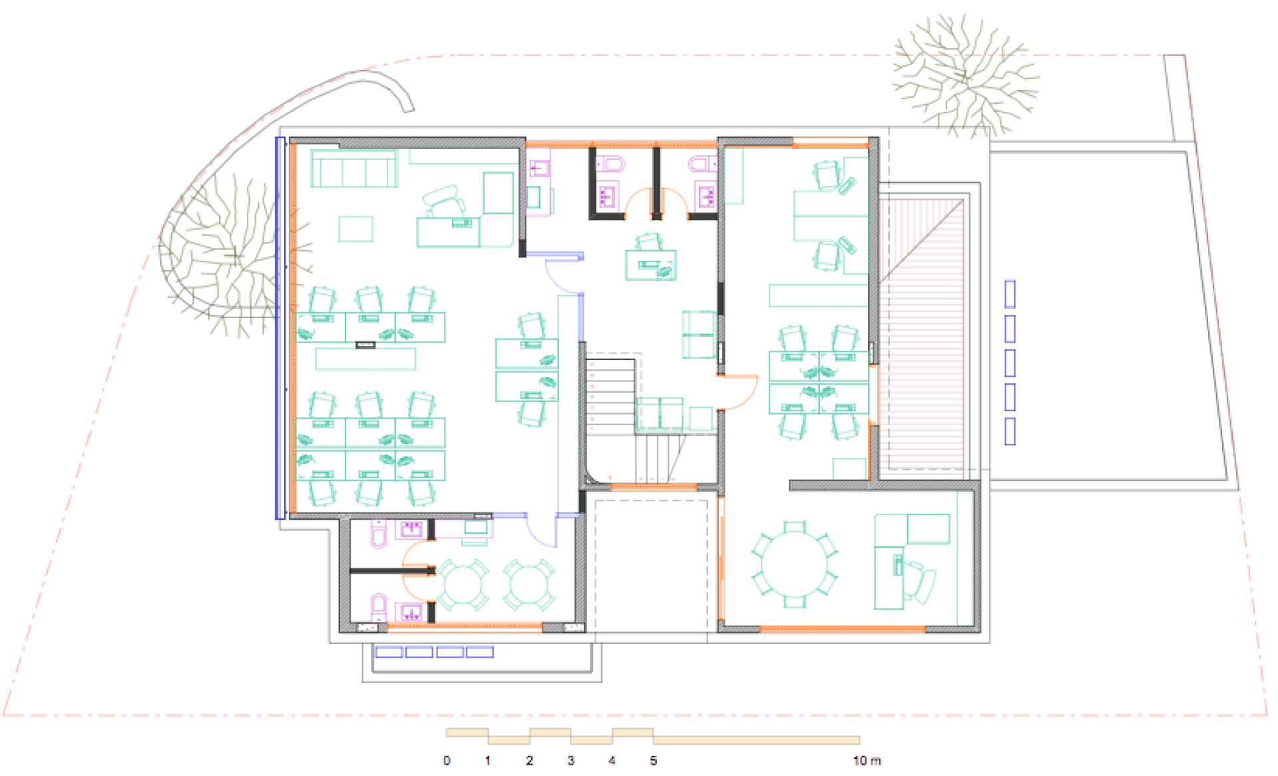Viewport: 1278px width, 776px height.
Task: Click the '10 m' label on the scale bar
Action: [867, 760]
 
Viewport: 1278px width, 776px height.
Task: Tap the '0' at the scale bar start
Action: [447, 760]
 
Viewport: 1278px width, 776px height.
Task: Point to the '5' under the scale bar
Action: [654, 760]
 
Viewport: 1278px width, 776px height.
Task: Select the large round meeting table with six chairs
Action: [794, 564]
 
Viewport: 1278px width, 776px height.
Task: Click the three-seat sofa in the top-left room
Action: [354, 168]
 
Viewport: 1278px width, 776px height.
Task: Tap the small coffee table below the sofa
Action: [356, 229]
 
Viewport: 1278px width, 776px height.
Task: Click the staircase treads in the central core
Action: [610, 397]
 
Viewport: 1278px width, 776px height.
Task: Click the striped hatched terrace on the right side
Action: [921, 333]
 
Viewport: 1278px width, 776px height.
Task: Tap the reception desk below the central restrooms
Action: [651, 265]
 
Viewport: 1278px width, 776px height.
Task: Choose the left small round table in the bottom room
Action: [463, 584]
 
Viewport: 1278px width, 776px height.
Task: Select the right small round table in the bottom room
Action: [529, 584]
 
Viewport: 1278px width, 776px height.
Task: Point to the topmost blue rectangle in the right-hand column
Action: [1010, 294]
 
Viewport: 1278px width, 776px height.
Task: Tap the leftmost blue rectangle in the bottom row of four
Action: [389, 652]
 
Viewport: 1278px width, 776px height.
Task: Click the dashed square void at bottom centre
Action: [651, 566]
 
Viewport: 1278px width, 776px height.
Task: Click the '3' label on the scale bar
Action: [570, 760]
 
